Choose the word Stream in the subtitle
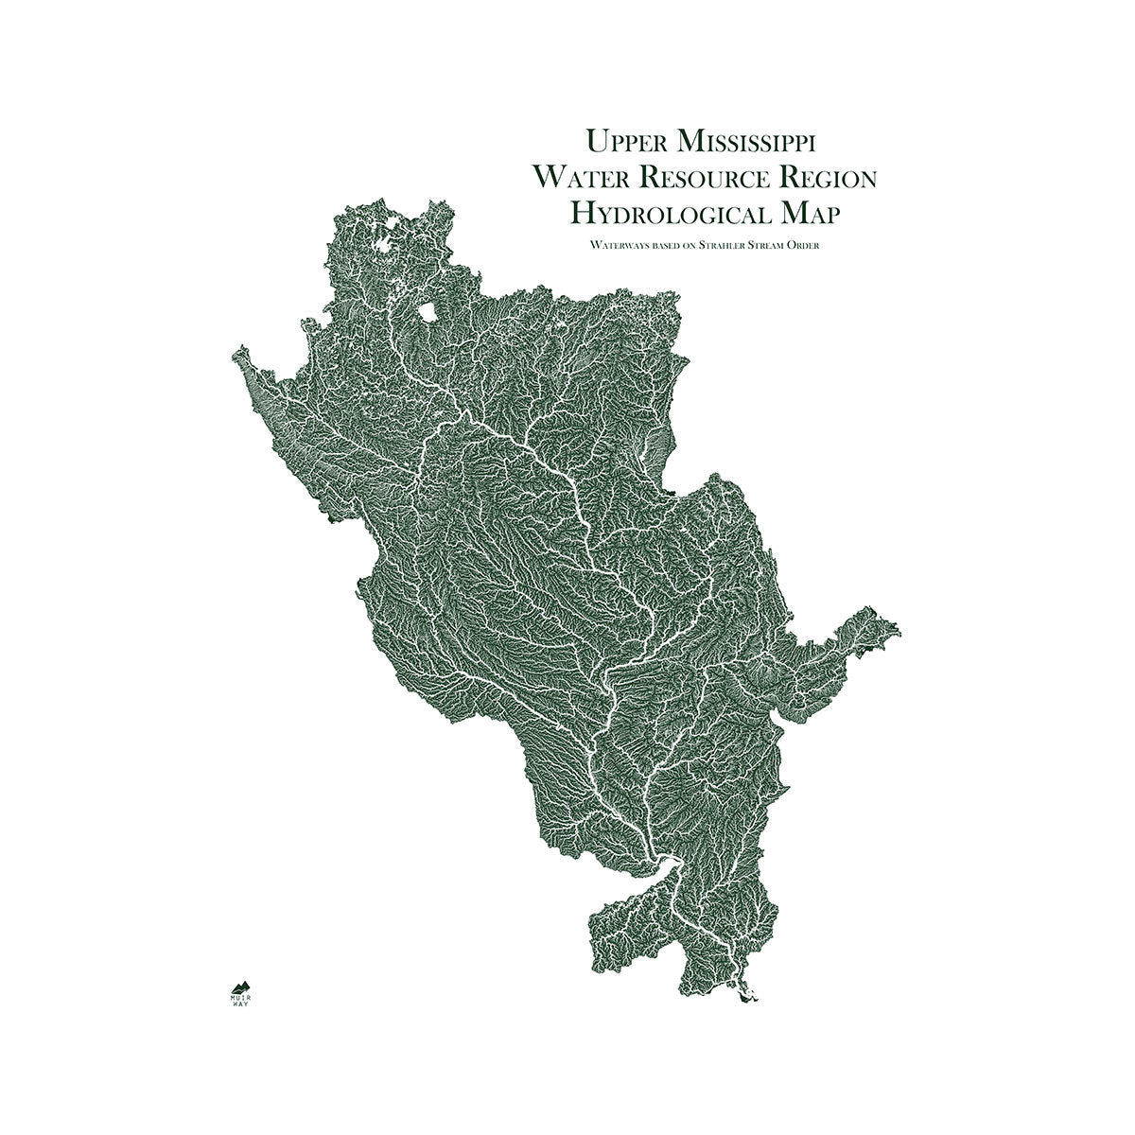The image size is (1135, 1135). pos(777,245)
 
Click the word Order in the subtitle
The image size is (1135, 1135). pos(817,245)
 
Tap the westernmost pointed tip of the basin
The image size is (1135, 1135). pos(233,356)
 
